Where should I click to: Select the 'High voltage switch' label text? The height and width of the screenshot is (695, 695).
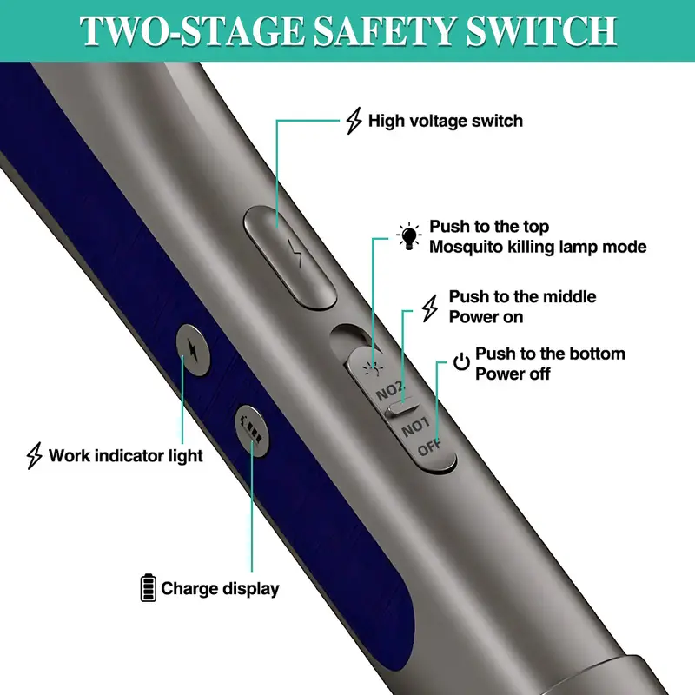coord(446,121)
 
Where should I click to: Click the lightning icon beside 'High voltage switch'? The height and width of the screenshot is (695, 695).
coord(354,122)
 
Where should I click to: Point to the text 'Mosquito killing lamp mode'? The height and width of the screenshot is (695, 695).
coord(539,247)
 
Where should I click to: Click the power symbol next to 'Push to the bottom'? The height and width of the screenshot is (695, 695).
coord(462,362)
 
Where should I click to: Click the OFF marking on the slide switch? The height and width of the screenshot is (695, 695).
coord(430,449)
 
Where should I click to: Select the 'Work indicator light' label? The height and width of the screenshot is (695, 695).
coord(126,455)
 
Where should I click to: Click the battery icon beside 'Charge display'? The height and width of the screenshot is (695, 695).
coord(149,587)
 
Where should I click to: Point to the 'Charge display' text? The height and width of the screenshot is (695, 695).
coord(221,588)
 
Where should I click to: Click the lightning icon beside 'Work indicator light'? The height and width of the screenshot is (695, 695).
coord(35,455)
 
